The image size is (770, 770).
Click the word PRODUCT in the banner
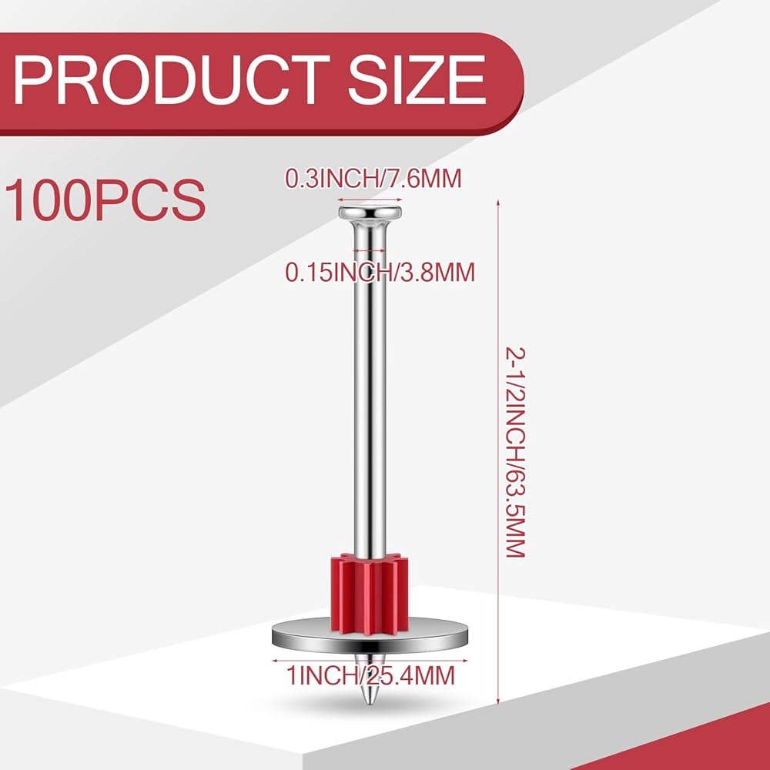click(x=172, y=79)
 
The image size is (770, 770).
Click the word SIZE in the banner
click(x=417, y=79)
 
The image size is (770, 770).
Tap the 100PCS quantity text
click(x=105, y=200)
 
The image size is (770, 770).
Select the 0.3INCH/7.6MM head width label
click(x=373, y=179)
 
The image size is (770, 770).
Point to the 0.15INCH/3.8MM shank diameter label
click(x=380, y=272)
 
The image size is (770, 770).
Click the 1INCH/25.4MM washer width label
click(x=370, y=676)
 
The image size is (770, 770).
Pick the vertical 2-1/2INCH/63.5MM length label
click(x=516, y=452)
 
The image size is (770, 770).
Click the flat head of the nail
click(x=370, y=213)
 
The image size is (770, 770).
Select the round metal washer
click(x=370, y=637)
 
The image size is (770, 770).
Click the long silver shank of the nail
click(x=370, y=393)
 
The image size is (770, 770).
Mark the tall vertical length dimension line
click(x=498, y=452)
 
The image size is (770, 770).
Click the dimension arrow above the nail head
click(x=370, y=200)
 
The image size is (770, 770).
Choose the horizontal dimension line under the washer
click(x=370, y=661)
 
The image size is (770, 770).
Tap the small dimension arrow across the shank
click(x=370, y=250)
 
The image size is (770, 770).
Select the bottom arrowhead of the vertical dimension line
click(x=498, y=701)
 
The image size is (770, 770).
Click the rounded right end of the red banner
click(x=511, y=83)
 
